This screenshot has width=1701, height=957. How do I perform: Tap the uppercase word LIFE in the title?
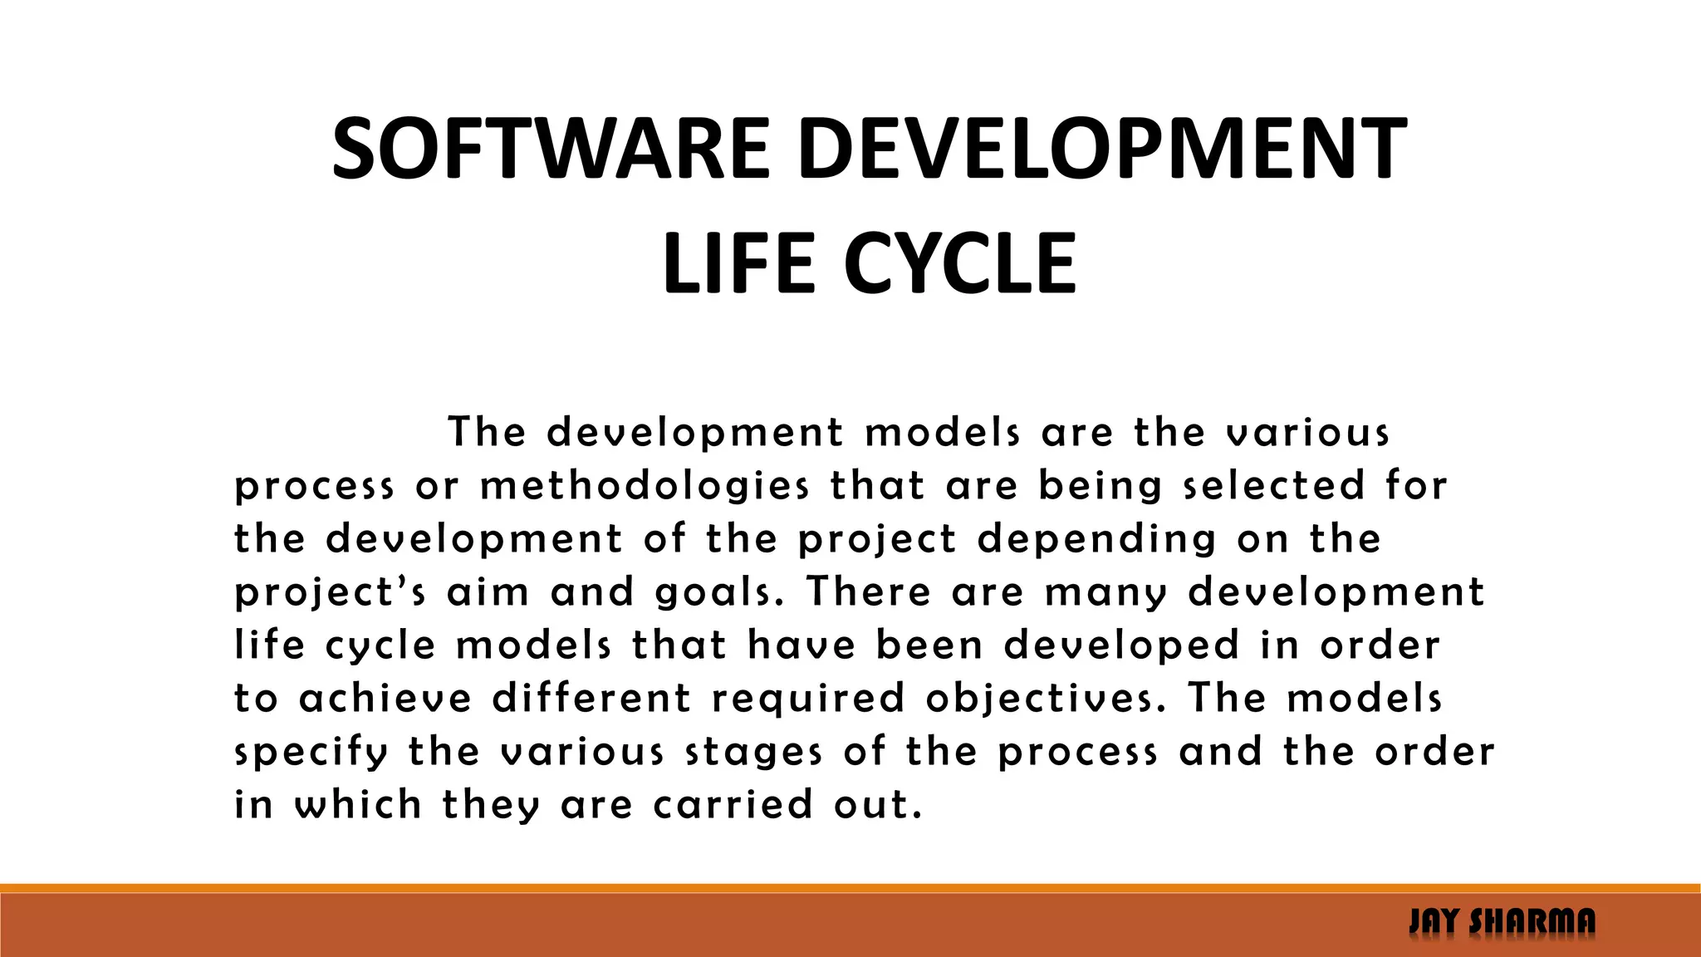coord(738,264)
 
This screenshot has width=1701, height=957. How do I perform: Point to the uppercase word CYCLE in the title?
coord(960,264)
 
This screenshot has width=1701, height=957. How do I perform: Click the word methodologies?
coord(645,486)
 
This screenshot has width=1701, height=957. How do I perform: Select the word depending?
coord(1096,539)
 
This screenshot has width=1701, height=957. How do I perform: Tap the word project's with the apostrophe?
coord(331,592)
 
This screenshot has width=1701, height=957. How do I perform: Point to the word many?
coord(1105,592)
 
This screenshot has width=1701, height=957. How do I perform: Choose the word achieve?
coord(385,699)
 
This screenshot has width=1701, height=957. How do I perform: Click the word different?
coord(591,699)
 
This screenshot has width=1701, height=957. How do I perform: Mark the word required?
coord(808,699)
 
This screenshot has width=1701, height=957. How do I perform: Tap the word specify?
coord(311,752)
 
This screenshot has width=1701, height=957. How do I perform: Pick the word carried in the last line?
coord(733,805)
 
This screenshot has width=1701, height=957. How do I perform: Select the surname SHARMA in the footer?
coord(1532,922)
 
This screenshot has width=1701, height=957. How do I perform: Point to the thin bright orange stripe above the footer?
coord(850,888)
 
